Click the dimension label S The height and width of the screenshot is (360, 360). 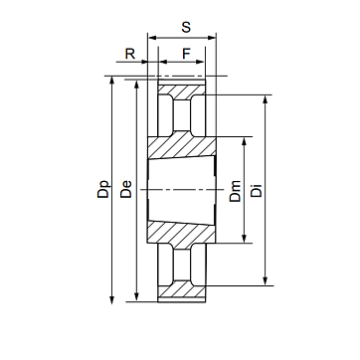tap(186, 27)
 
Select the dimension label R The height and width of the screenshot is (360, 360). tap(130, 54)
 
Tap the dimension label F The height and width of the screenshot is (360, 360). tap(187, 54)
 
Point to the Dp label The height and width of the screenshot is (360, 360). tap(103, 189)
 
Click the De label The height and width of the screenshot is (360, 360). tap(126, 189)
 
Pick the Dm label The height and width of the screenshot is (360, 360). tap(235, 191)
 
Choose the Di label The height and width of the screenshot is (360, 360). tap(257, 190)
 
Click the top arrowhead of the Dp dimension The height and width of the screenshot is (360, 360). tap(111, 81)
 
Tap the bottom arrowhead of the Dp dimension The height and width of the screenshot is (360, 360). tap(111, 299)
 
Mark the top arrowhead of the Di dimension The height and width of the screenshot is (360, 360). tap(266, 100)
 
